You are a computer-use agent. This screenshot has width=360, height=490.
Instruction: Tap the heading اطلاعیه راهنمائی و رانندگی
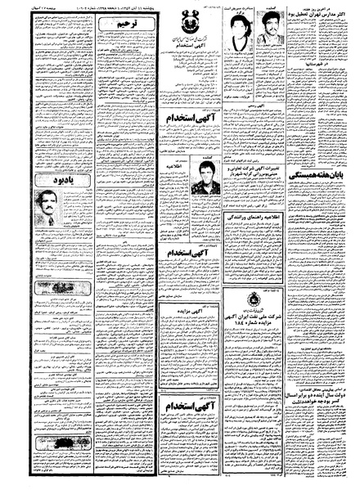tap(255, 219)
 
